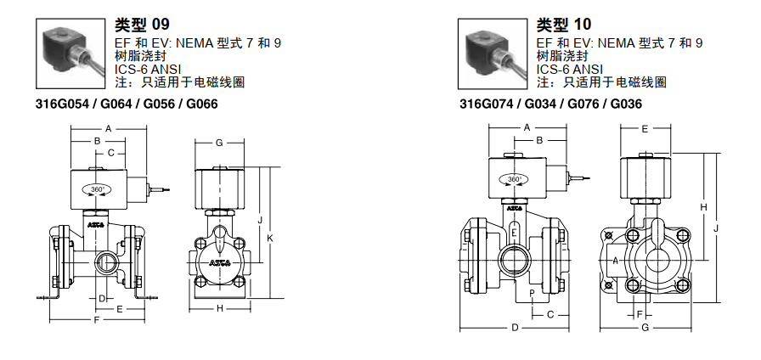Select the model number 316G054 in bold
tap(57, 104)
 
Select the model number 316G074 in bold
tap(480, 104)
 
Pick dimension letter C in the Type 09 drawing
tap(110, 153)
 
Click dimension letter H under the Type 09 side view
tap(219, 308)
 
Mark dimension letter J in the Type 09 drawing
tap(259, 220)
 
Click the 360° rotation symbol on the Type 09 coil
tap(98, 189)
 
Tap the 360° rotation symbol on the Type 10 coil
tap(514, 179)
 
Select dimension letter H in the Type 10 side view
tap(703, 206)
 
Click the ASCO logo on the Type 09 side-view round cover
tap(219, 263)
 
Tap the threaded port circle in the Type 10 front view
tap(515, 255)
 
